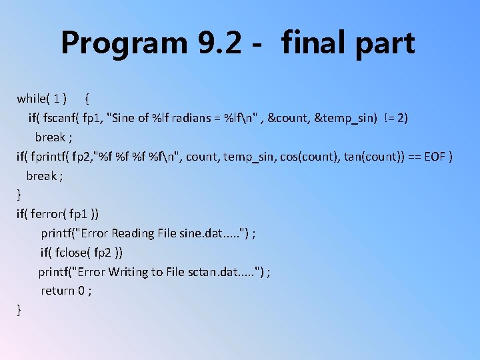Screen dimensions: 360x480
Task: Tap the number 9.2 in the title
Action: [221, 43]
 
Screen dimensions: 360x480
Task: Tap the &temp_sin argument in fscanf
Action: [345, 118]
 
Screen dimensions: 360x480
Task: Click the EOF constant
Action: [435, 157]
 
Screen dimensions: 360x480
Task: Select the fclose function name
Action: [69, 253]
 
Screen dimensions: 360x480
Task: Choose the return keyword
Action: [57, 291]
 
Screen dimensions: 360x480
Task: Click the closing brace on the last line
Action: [19, 309]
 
